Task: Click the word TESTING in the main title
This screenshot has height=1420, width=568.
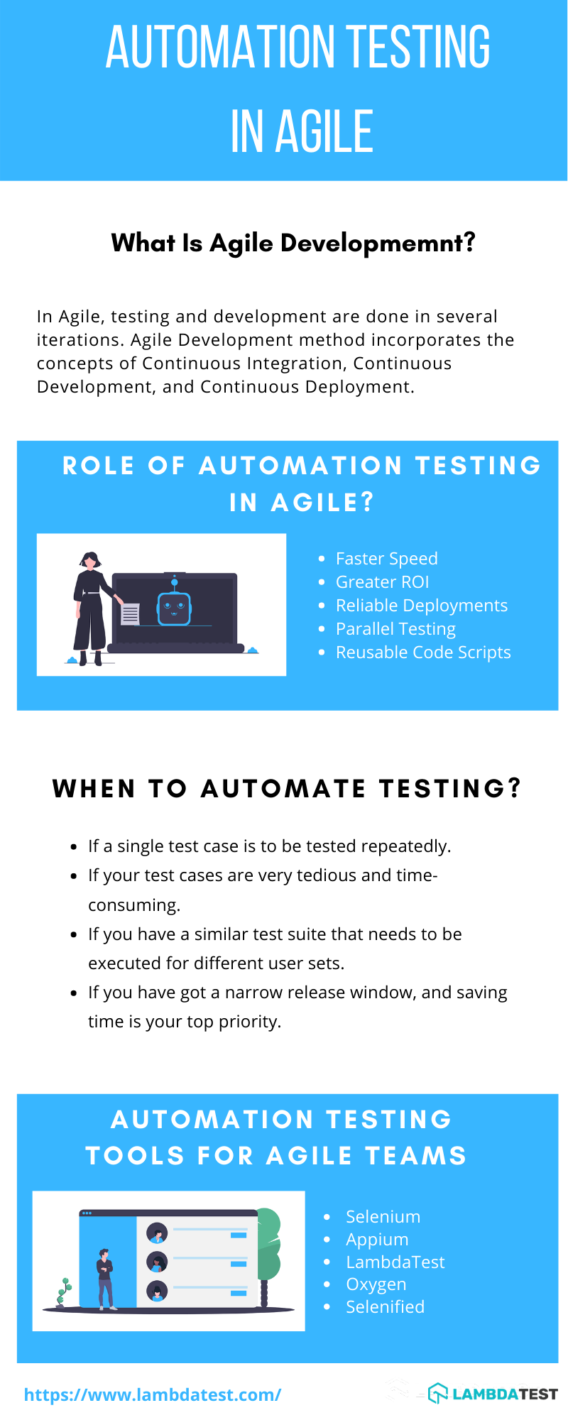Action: pyautogui.click(x=417, y=47)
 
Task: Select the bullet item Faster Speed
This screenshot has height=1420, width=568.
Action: pyautogui.click(x=386, y=559)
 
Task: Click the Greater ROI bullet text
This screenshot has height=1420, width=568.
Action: pyautogui.click(x=382, y=582)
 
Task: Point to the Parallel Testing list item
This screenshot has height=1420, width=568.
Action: pyautogui.click(x=395, y=629)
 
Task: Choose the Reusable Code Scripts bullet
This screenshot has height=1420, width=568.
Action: pyautogui.click(x=423, y=652)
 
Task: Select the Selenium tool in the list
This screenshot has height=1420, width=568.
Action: pyautogui.click(x=383, y=1217)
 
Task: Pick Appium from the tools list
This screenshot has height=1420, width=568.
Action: pyautogui.click(x=377, y=1240)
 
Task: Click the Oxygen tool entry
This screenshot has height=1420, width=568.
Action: pyautogui.click(x=376, y=1284)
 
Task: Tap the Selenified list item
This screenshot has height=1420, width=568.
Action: pyautogui.click(x=385, y=1307)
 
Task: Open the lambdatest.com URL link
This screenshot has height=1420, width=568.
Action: pyautogui.click(x=153, y=1394)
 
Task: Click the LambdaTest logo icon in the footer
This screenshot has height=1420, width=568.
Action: pyautogui.click(x=438, y=1394)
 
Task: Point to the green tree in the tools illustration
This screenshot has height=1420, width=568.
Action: pyautogui.click(x=268, y=1242)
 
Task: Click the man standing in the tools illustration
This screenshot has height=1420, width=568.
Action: pyautogui.click(x=106, y=1278)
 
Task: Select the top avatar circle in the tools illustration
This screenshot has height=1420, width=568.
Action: pyautogui.click(x=157, y=1233)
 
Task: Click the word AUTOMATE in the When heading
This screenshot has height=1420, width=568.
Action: pyautogui.click(x=283, y=789)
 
